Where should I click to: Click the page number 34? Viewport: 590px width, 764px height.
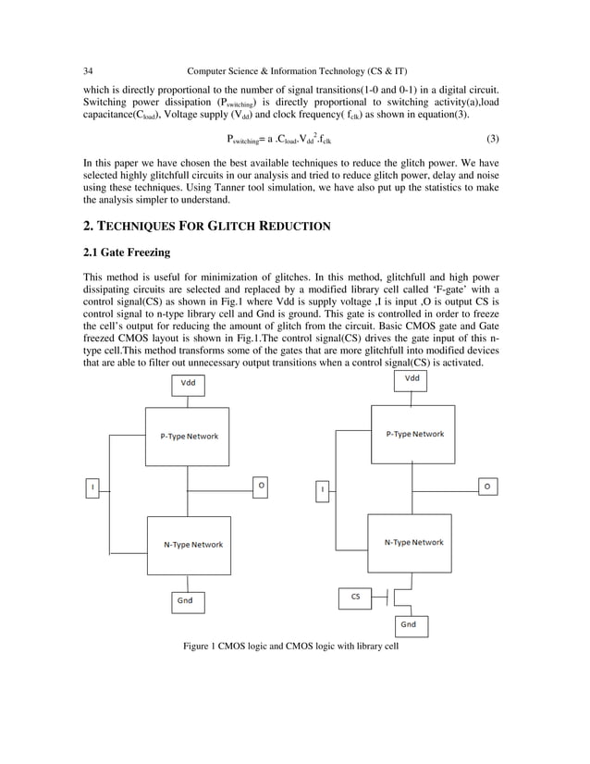(x=88, y=71)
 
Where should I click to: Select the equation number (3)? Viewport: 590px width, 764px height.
(x=493, y=140)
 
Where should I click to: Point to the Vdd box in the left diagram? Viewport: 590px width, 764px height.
(x=188, y=383)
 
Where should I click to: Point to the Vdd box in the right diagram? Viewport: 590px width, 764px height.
(x=413, y=379)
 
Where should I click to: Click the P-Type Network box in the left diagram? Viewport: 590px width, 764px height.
(x=185, y=437)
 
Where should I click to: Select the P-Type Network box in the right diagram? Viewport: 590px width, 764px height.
(x=413, y=434)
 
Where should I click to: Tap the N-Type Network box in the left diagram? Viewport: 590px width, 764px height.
(x=187, y=544)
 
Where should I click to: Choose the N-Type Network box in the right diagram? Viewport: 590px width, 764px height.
(x=413, y=542)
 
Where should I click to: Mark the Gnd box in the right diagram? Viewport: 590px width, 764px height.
(x=409, y=624)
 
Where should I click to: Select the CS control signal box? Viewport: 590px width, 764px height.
(x=356, y=598)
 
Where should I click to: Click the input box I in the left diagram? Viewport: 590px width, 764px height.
(x=92, y=486)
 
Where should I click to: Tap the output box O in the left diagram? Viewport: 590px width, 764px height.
(x=261, y=485)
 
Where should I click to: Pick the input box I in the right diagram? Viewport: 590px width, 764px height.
(x=322, y=488)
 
